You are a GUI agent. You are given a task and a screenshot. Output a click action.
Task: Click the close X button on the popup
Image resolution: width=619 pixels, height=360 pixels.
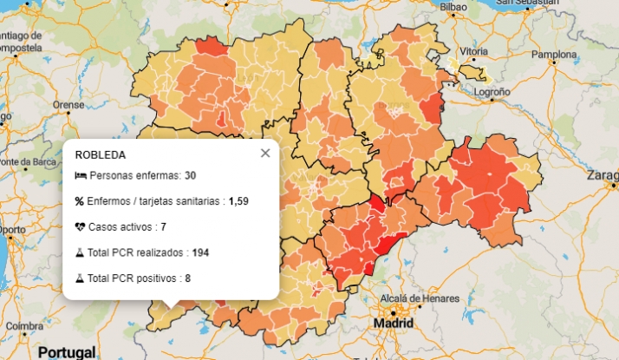pyautogui.click(x=265, y=153)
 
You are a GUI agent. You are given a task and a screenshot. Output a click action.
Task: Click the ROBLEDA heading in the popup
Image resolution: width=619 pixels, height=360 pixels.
pyautogui.click(x=101, y=155)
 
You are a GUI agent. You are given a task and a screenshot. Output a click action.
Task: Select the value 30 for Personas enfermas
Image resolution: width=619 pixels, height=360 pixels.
pyautogui.click(x=190, y=176)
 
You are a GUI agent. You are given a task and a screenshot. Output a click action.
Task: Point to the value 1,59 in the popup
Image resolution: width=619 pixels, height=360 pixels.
pyautogui.click(x=238, y=201)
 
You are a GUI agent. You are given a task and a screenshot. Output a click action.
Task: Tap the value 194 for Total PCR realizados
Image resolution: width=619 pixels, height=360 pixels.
pyautogui.click(x=201, y=252)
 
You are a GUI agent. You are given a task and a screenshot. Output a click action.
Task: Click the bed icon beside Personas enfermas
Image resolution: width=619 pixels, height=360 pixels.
pyautogui.click(x=80, y=176)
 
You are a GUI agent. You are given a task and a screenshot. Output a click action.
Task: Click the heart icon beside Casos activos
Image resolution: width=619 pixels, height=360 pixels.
pyautogui.click(x=80, y=227)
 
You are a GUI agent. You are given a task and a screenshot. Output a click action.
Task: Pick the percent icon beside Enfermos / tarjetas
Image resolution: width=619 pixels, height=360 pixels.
pyautogui.click(x=80, y=201)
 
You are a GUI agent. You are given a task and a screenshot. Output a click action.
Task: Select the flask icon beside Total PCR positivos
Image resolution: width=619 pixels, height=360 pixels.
pyautogui.click(x=80, y=278)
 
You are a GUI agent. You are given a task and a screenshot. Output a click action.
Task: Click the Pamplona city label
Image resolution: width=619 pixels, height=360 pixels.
pyautogui.click(x=553, y=54)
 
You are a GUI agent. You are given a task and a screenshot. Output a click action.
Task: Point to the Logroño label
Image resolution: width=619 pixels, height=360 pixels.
pyautogui.click(x=492, y=90)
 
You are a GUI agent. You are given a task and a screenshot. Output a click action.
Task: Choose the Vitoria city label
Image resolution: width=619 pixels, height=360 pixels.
pyautogui.click(x=472, y=52)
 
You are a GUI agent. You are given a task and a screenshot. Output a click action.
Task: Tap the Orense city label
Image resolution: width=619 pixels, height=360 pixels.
pyautogui.click(x=68, y=104)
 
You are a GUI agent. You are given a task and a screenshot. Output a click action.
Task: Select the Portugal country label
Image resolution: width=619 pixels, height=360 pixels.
pyautogui.click(x=67, y=353)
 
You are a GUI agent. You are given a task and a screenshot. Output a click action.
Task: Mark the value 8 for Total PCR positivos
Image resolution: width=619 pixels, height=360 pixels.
pyautogui.click(x=187, y=278)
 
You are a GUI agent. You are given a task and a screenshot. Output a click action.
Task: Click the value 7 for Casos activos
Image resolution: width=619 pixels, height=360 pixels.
pyautogui.click(x=163, y=227)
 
